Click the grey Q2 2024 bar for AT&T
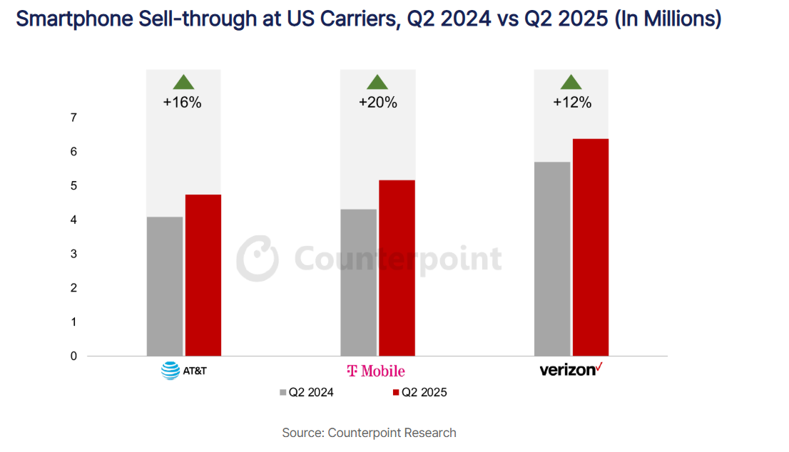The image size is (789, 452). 165,286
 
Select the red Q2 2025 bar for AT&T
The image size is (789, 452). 203,275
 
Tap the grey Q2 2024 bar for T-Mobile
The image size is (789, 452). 359,282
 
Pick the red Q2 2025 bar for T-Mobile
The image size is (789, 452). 397,268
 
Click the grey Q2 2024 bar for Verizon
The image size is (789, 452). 553,259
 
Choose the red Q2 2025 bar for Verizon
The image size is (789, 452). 591,247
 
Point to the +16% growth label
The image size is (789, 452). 183,102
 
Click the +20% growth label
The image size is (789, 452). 377,102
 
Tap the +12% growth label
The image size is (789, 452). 572,102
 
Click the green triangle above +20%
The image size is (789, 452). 377,82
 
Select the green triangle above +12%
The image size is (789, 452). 571,82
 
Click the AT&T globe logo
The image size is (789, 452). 170,371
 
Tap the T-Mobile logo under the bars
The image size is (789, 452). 375,371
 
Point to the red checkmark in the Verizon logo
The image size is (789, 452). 599,366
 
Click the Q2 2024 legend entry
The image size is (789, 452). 306,392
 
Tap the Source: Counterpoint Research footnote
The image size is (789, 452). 369,433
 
